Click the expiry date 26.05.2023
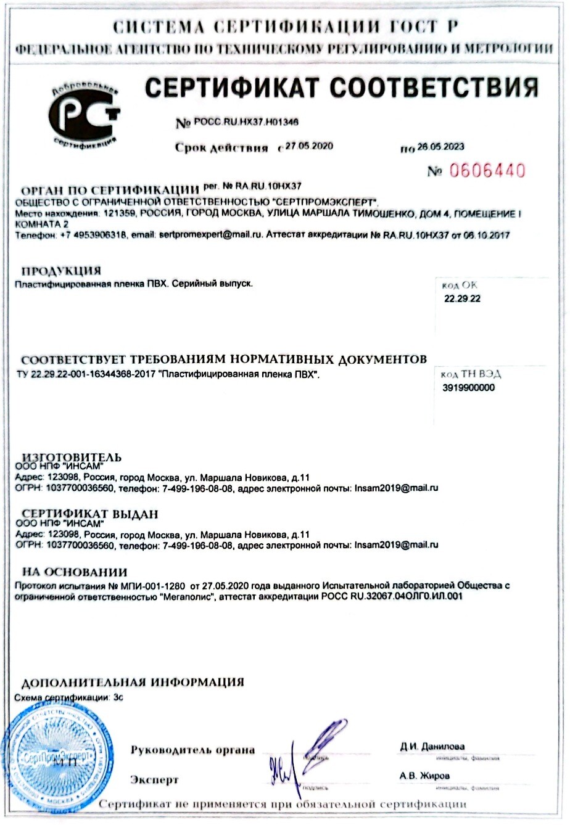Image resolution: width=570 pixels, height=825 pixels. click(x=440, y=147)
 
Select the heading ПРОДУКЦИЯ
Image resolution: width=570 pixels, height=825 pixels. click(x=60, y=271)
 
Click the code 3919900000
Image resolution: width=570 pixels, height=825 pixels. click(x=468, y=388)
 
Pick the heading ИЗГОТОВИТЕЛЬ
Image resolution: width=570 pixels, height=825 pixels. click(x=72, y=458)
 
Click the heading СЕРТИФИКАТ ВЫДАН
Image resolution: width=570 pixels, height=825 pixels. click(x=90, y=514)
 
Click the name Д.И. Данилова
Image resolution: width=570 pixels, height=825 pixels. click(x=432, y=747)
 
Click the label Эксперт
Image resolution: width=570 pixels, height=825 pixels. click(x=154, y=779)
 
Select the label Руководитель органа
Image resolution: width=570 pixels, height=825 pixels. click(x=192, y=750)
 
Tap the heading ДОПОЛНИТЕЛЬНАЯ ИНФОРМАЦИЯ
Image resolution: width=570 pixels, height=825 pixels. click(x=133, y=683)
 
